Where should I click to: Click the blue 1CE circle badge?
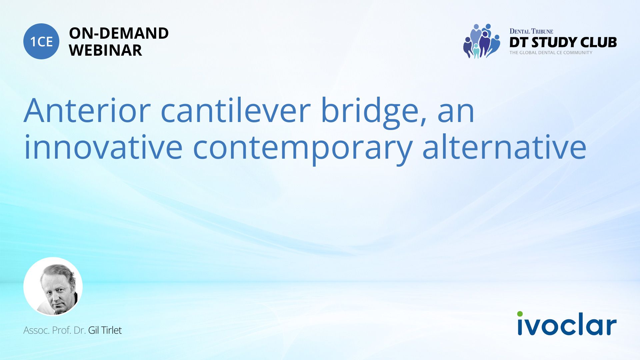tap(41, 41)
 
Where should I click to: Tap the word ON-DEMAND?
tap(119, 33)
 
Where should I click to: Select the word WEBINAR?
tap(106, 50)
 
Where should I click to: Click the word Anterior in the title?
tap(87, 110)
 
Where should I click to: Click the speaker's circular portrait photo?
tap(53, 286)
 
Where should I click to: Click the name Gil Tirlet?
tap(105, 330)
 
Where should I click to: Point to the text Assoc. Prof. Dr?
tap(55, 330)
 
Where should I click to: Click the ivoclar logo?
tap(567, 323)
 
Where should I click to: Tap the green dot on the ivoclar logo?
tap(520, 314)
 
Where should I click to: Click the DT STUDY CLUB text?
tap(563, 42)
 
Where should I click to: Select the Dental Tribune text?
tap(531, 31)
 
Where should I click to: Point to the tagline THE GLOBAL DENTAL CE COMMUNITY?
tap(551, 53)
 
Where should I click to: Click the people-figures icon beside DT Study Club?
tap(482, 41)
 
